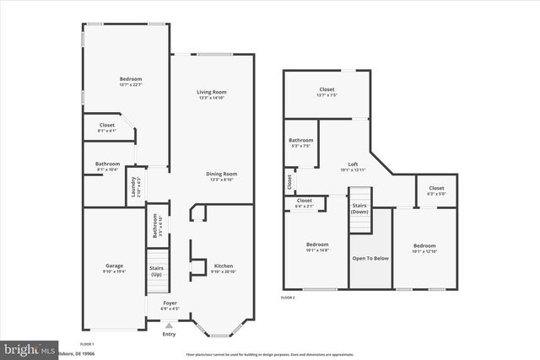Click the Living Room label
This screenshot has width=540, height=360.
click(x=212, y=92)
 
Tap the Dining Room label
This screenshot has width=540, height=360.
click(x=221, y=174)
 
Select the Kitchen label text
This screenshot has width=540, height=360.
click(x=223, y=266)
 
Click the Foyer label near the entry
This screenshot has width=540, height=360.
click(x=170, y=303)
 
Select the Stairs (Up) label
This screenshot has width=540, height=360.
click(x=157, y=271)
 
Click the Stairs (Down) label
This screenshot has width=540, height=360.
click(x=360, y=208)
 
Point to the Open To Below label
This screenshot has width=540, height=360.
click(x=370, y=257)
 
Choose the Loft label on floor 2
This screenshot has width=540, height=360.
click(x=354, y=164)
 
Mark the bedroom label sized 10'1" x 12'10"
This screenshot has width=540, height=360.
click(x=424, y=245)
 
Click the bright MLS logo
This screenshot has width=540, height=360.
click(x=30, y=347)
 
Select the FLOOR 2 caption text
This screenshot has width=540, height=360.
click(x=288, y=298)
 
